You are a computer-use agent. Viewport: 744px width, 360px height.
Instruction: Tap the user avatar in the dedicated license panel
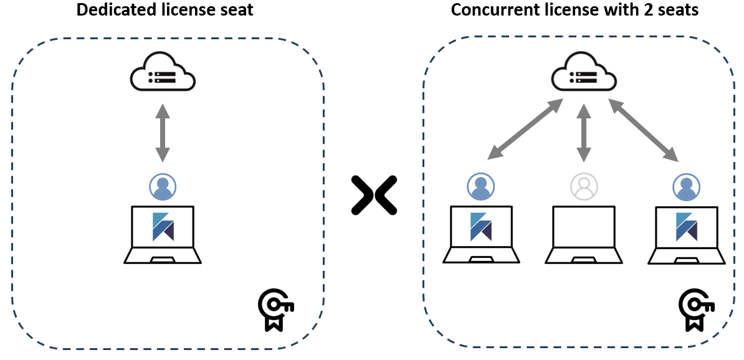tap(163, 186)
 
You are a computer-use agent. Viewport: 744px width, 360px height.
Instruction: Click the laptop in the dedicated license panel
tap(163, 234)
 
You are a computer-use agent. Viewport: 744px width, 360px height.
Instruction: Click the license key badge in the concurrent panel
tap(696, 310)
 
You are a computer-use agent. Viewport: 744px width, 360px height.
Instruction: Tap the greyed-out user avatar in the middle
tap(584, 186)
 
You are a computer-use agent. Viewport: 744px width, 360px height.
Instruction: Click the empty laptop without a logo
tap(584, 234)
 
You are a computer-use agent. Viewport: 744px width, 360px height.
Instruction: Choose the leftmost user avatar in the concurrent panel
tap(480, 186)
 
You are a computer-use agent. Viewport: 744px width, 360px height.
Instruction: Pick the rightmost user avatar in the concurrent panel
tap(687, 186)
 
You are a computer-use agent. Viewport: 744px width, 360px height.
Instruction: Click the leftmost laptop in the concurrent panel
tap(480, 234)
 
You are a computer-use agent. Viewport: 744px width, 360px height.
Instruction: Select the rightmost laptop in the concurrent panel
tap(687, 234)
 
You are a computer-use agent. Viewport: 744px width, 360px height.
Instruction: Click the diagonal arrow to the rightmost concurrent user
tap(644, 130)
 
